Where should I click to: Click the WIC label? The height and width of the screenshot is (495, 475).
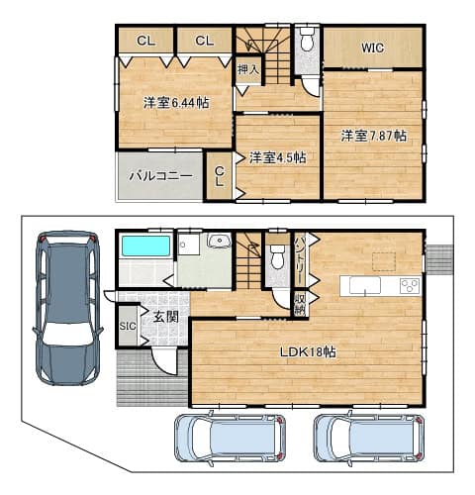pos(373,49)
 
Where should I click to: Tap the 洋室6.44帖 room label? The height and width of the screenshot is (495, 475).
pos(176,103)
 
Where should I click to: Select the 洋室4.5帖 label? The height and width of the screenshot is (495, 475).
pos(277,157)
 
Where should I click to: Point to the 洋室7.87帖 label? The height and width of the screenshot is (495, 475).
pos(373,136)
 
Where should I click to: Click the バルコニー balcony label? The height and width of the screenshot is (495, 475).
pos(160,176)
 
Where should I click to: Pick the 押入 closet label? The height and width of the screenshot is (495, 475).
pos(248,69)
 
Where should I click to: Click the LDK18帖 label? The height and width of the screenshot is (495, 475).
pos(308,352)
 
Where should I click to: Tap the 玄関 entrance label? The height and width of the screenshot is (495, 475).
pos(166,317)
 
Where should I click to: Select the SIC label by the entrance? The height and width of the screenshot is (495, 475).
pos(128,326)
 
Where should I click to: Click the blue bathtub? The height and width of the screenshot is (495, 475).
pos(146,246)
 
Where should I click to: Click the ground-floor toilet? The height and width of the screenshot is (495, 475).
pos(277,256)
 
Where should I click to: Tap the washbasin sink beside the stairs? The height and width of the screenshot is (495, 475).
pos(219,241)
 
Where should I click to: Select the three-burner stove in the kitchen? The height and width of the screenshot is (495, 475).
pos(410,286)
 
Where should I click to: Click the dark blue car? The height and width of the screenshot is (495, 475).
pos(68,308)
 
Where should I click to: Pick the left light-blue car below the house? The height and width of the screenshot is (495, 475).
pos(230,439)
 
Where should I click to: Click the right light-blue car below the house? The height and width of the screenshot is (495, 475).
pos(369,439)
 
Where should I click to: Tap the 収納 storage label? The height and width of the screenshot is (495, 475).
pos(300,303)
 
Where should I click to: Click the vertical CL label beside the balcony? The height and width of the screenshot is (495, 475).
pos(220,177)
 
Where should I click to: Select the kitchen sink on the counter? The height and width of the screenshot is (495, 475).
pos(365,286)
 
